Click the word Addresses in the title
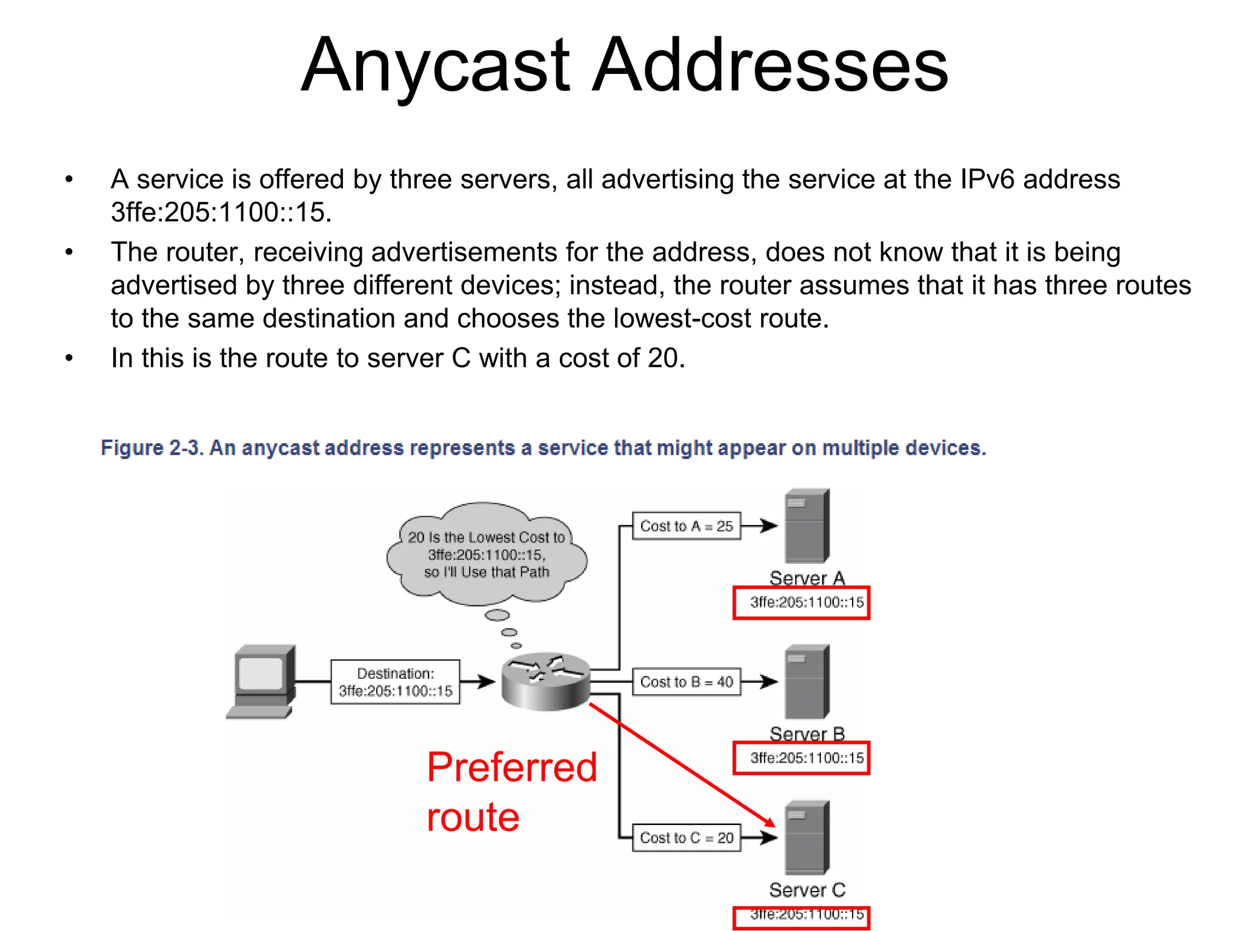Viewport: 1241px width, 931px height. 770,65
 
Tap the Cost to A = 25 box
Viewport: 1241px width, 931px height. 686,526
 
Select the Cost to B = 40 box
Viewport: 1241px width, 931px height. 686,682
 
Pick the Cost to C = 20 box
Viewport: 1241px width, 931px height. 686,838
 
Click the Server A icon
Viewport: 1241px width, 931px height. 807,526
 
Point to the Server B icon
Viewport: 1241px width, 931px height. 807,682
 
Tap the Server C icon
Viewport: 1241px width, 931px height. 807,838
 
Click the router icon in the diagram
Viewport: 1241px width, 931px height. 546,681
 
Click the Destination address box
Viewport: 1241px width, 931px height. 395,682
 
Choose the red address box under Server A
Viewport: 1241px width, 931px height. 801,602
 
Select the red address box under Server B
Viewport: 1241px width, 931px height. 801,758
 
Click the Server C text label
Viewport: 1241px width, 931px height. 807,890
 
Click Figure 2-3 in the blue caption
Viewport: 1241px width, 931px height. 151,448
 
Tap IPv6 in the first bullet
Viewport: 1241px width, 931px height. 987,179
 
